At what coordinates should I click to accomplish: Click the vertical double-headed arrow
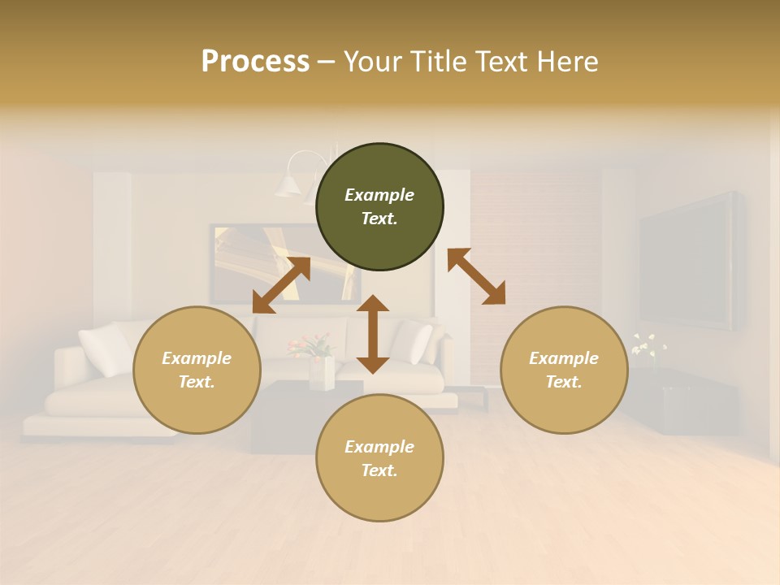click(373, 334)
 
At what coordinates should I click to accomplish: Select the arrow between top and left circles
click(281, 284)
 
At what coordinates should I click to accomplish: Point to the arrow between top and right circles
click(476, 276)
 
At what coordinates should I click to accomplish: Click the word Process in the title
click(255, 61)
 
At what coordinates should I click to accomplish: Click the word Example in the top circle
click(379, 195)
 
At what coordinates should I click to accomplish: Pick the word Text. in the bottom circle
click(379, 470)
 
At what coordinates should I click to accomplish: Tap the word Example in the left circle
click(197, 358)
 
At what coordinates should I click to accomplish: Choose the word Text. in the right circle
click(564, 382)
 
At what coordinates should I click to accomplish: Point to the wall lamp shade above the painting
click(288, 186)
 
